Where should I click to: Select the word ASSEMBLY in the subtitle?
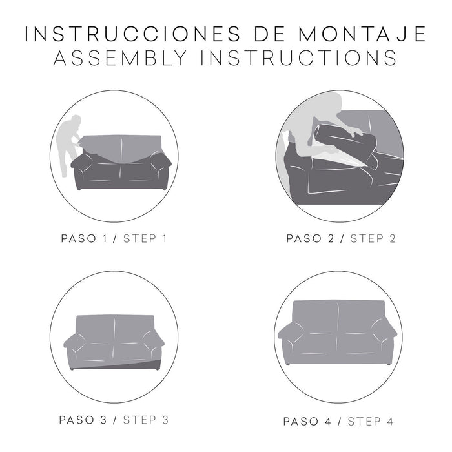[119, 58]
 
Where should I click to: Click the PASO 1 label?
[85, 239]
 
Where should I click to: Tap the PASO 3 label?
[85, 420]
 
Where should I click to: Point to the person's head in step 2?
[333, 103]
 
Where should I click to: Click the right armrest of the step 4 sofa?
[386, 341]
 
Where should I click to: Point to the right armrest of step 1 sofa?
[160, 169]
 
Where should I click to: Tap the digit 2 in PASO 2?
[331, 239]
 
